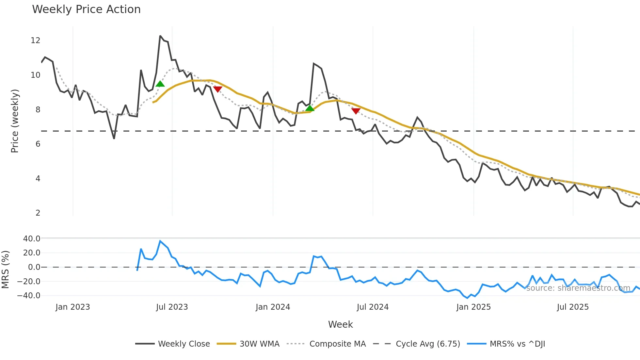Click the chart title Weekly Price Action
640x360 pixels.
pos(86,9)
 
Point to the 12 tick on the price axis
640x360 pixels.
pos(35,41)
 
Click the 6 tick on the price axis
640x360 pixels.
pos(38,144)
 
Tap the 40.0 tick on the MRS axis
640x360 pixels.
pos(32,239)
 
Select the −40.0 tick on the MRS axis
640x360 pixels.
pos(29,296)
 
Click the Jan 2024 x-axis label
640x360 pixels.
pos(273,307)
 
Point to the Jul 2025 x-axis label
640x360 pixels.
pos(573,307)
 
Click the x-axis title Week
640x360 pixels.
pos(340,324)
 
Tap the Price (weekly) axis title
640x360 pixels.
pos(15,121)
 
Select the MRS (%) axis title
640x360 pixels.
pos(5,270)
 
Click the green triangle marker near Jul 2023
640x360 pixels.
pos(160,84)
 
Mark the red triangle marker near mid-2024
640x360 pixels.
pos(356,111)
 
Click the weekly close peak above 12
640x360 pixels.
pos(160,36)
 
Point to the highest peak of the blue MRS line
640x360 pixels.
pos(160,241)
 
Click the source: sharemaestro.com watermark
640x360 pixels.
pos(578,288)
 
